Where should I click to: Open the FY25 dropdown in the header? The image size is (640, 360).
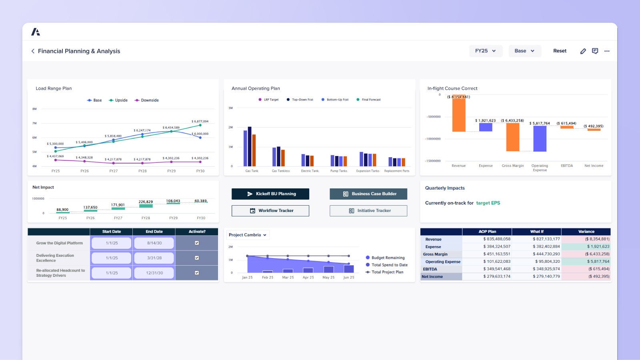pyautogui.click(x=485, y=51)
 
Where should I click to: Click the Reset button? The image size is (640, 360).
pyautogui.click(x=560, y=51)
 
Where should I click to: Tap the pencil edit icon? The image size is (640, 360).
pyautogui.click(x=583, y=51)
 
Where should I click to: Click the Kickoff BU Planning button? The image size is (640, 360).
pyautogui.click(x=270, y=194)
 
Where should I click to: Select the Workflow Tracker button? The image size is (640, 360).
pyautogui.click(x=270, y=211)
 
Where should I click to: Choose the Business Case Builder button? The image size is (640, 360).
pyautogui.click(x=368, y=194)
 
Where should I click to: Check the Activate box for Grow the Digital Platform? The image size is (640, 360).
pyautogui.click(x=197, y=243)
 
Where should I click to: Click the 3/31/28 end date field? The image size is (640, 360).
pyautogui.click(x=154, y=258)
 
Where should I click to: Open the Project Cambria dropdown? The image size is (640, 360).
pyautogui.click(x=248, y=235)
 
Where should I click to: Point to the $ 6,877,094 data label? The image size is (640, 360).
pyautogui.click(x=200, y=121)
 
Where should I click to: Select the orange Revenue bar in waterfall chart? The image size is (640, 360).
pyautogui.click(x=458, y=114)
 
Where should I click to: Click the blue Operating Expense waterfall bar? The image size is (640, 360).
pyautogui.click(x=540, y=138)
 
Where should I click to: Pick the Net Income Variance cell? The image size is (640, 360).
pyautogui.click(x=586, y=276)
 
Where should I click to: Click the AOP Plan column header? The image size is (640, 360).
pyautogui.click(x=487, y=232)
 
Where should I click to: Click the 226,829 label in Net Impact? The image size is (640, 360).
pyautogui.click(x=146, y=202)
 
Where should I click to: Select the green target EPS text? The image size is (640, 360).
pyautogui.click(x=488, y=203)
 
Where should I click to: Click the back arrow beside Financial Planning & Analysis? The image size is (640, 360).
pyautogui.click(x=33, y=51)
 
